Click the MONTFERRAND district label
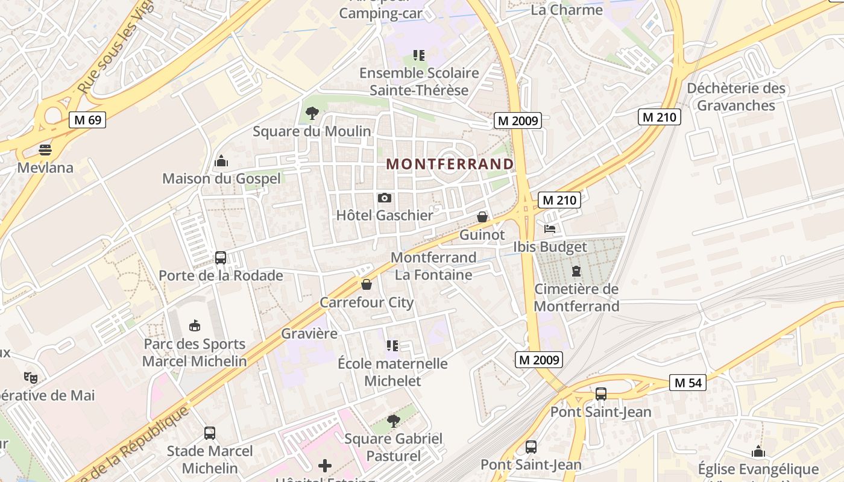450,164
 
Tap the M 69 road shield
87,120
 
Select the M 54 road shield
687,383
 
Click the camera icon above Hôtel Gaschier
385,198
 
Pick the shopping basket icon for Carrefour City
367,284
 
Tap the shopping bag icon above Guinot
482,217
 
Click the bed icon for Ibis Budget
550,229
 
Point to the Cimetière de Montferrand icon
576,271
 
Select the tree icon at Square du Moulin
312,113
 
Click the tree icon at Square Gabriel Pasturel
393,421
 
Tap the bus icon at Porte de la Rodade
221,258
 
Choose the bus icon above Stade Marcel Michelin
210,433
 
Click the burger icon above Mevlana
45,149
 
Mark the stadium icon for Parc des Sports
194,326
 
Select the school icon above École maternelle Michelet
392,346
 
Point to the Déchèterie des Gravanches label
736,97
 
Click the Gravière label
309,333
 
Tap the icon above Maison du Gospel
221,161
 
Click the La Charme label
566,10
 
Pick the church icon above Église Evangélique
758,451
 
